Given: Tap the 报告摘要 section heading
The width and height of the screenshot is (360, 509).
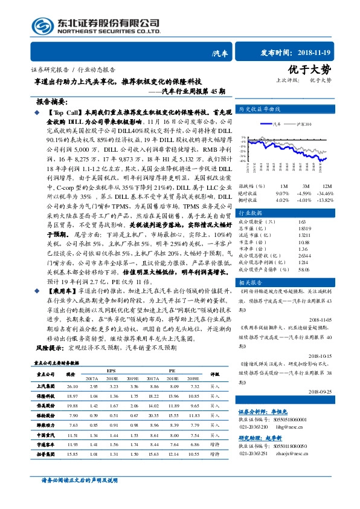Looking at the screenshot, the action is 53,103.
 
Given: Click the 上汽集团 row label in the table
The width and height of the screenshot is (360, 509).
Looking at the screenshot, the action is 46,385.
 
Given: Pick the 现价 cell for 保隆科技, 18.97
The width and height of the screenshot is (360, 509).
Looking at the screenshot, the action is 73,395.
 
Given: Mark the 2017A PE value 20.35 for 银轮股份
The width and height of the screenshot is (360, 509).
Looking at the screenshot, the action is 153,415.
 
